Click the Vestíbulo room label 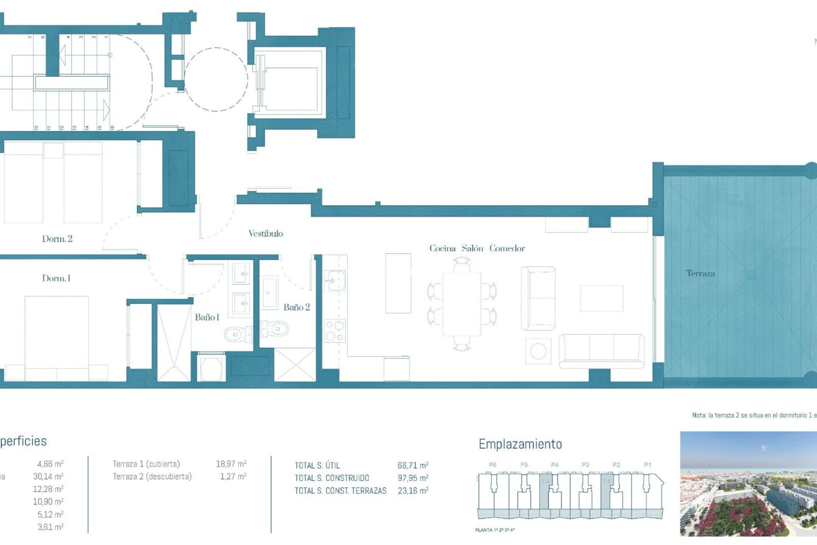[266, 233]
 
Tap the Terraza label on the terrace [700, 273]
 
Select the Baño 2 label [297, 307]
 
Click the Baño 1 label [207, 317]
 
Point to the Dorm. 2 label [57, 239]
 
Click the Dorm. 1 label [56, 278]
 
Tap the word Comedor [507, 248]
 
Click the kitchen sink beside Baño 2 [335, 281]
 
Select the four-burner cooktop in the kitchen [335, 331]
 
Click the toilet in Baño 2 [275, 329]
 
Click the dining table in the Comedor [462, 304]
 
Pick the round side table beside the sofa [538, 351]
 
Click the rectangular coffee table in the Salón [602, 298]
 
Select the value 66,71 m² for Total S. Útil [412, 465]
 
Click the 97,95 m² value [412, 478]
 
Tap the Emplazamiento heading [520, 444]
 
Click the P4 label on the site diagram [554, 465]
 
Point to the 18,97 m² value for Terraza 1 [231, 464]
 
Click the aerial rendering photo [748, 484]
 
